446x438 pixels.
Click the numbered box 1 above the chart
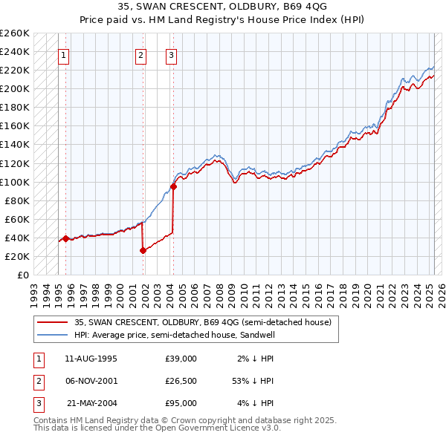64,54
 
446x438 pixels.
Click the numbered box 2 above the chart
141,54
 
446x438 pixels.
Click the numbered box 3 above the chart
172,54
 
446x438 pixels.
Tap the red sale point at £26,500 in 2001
143,250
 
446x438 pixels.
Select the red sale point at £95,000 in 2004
173,186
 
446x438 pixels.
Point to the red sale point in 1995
65,238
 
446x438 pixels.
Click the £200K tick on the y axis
15,88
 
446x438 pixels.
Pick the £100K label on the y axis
15,182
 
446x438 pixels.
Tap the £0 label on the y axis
22,275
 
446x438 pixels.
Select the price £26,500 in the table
181,381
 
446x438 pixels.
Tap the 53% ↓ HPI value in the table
253,381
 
